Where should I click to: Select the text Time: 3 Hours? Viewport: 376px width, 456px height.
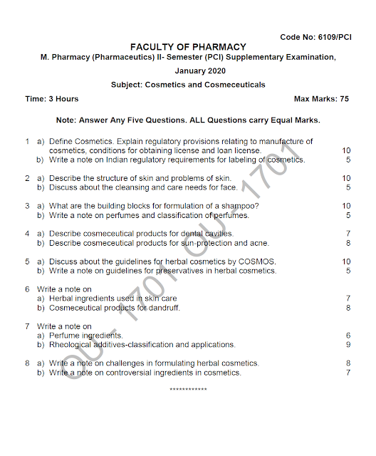tap(51, 99)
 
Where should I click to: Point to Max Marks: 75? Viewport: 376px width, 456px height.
tap(321, 99)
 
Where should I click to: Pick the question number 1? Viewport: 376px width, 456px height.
tap(26, 141)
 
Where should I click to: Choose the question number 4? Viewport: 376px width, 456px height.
tap(26, 233)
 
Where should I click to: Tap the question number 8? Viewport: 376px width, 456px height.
tap(26, 363)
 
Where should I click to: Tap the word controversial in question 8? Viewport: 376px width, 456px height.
tap(132, 373)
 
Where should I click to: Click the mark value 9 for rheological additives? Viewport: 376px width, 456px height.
tap(348, 345)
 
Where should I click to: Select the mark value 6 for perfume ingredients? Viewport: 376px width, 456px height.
tap(348, 336)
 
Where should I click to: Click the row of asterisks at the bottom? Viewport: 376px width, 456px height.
tap(188, 390)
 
